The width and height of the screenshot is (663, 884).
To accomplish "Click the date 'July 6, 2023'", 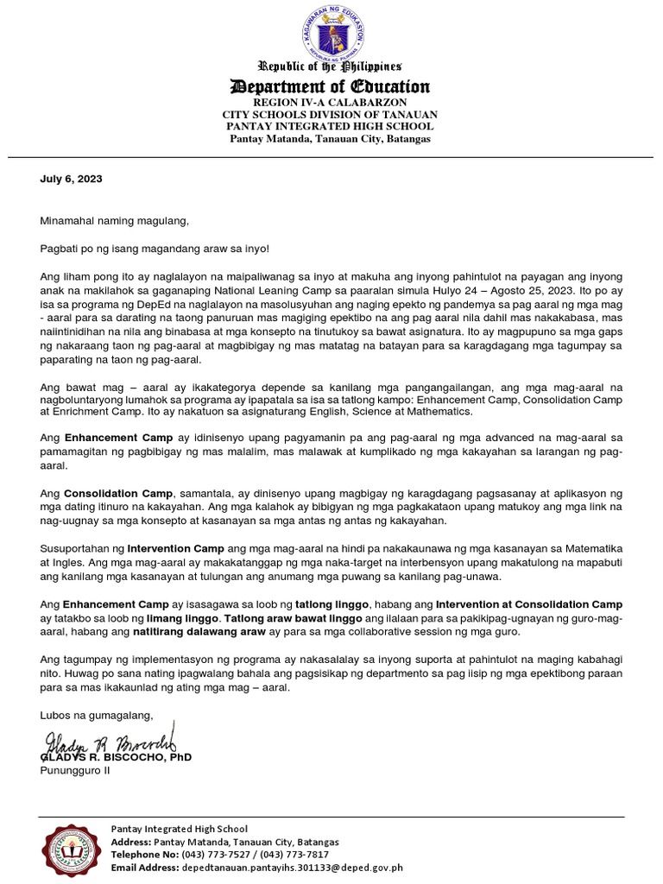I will pos(72,180).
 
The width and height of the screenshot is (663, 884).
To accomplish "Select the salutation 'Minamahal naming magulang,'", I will pos(114,221).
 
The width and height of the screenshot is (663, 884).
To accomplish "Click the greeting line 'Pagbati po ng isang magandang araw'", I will pos(155,249).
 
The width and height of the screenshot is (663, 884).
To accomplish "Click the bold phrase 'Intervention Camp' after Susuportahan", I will pos(175,548).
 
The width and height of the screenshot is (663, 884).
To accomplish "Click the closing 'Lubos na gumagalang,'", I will pos(96,715).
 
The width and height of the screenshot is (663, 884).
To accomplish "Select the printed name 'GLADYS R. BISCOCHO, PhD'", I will pos(117,757).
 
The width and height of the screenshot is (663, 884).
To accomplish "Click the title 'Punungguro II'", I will pos(75,771).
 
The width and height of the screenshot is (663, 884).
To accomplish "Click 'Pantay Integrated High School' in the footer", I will pos(180,829).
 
